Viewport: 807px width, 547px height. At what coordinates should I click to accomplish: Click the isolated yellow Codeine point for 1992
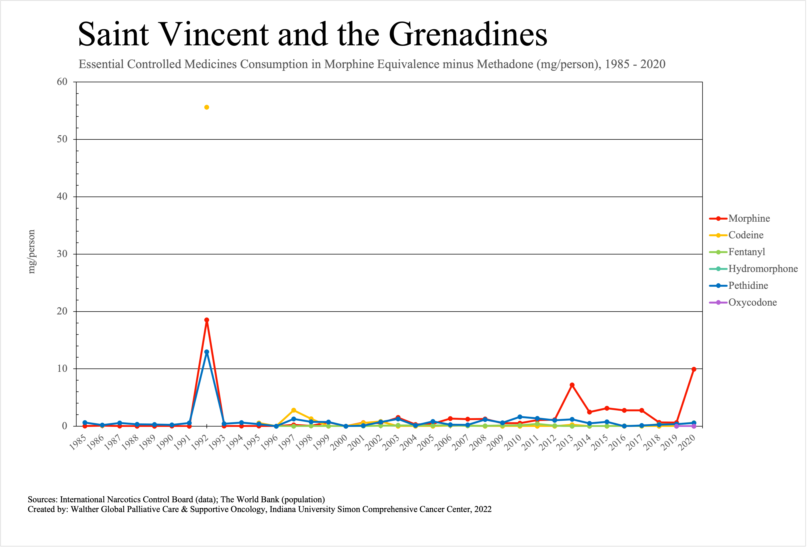click(207, 107)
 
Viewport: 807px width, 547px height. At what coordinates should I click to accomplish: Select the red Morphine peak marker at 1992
click(207, 320)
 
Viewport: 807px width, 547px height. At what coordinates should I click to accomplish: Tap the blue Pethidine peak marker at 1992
click(207, 352)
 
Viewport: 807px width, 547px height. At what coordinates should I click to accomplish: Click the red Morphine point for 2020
click(694, 369)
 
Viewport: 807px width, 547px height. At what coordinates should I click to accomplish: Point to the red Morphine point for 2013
click(572, 385)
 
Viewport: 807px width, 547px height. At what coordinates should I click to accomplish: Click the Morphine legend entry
click(749, 218)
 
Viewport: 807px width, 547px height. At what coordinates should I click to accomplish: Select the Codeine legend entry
click(746, 235)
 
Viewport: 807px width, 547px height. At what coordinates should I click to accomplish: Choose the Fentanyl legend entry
click(747, 252)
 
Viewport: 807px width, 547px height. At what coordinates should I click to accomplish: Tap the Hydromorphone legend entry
click(763, 269)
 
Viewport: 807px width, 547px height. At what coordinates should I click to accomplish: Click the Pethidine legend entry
click(748, 286)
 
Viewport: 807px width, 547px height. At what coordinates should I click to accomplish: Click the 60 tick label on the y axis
click(62, 82)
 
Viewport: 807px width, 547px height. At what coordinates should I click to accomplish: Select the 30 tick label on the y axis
click(62, 254)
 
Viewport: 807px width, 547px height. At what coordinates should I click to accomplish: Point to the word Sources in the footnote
click(42, 499)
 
